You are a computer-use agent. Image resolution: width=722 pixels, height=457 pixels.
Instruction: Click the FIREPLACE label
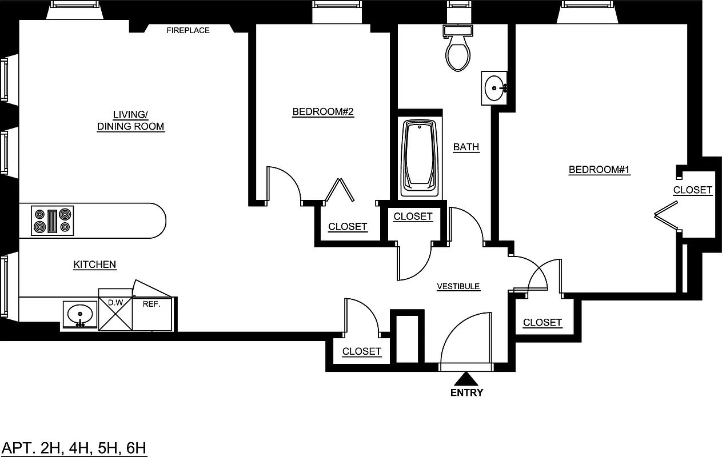click(x=188, y=30)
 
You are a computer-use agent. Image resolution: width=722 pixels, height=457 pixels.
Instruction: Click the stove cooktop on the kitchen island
click(x=53, y=221)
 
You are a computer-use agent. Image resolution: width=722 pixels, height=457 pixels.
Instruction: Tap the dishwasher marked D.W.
click(x=115, y=313)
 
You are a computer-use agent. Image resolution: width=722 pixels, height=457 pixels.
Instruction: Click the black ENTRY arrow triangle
click(x=466, y=379)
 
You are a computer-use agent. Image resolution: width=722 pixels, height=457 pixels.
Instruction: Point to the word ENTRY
click(x=466, y=392)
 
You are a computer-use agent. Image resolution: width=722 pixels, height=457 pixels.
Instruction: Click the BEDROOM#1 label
click(x=599, y=170)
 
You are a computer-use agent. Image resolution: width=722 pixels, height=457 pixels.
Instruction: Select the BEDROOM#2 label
click(x=323, y=112)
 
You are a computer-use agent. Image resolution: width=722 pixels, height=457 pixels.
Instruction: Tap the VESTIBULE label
click(x=458, y=287)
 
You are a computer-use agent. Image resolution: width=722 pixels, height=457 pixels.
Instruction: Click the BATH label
click(x=466, y=147)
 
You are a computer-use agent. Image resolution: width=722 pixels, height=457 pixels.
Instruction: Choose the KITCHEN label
click(x=95, y=264)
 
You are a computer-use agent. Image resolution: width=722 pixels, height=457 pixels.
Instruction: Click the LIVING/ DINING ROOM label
click(x=130, y=121)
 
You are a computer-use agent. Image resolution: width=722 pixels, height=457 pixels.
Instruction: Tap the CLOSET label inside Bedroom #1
click(x=692, y=190)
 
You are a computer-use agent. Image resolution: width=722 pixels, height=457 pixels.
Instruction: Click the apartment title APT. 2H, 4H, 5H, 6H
click(x=74, y=447)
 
